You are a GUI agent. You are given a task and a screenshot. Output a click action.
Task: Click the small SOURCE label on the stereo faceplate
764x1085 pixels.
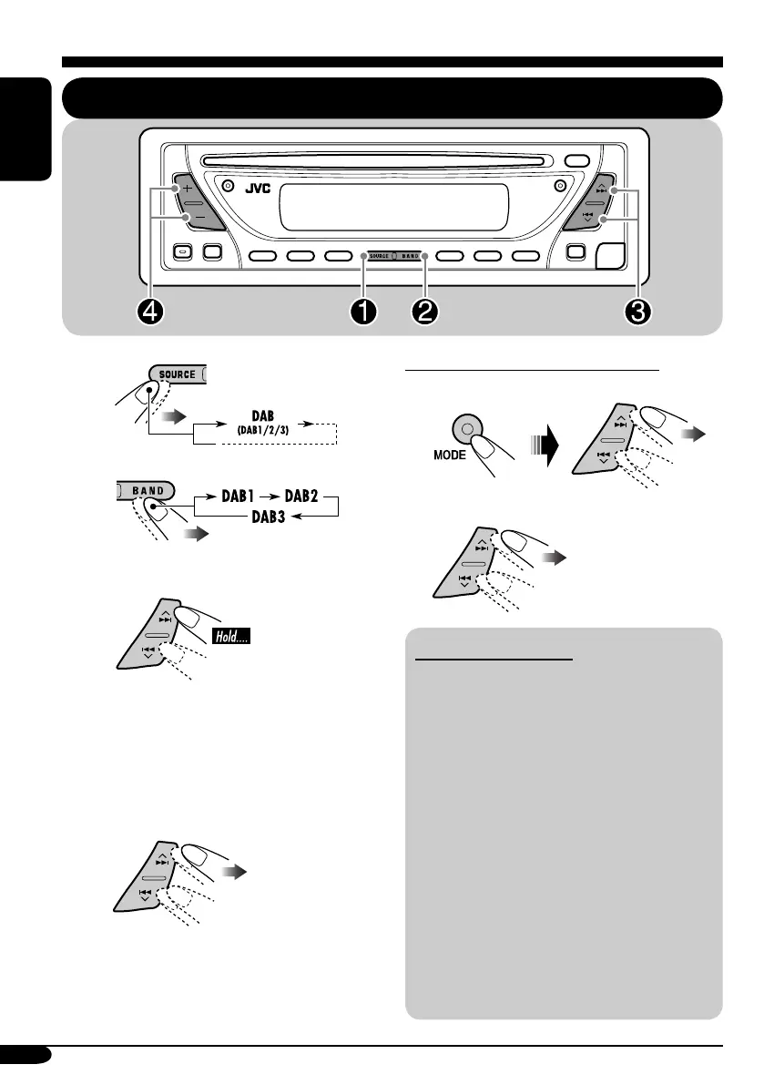tap(381, 257)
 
